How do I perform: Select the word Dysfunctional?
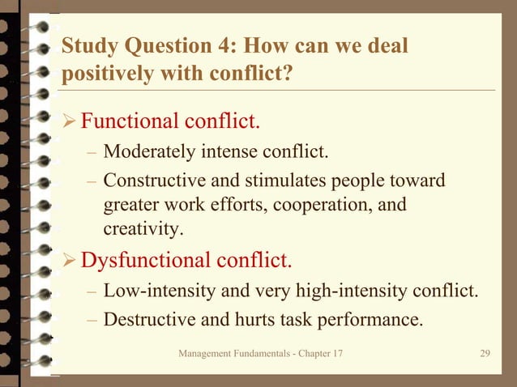(146, 261)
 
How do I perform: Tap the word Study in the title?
(85, 46)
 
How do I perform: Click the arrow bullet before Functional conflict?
(70, 123)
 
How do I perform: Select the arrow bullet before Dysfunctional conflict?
(70, 262)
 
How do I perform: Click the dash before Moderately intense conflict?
(92, 152)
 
